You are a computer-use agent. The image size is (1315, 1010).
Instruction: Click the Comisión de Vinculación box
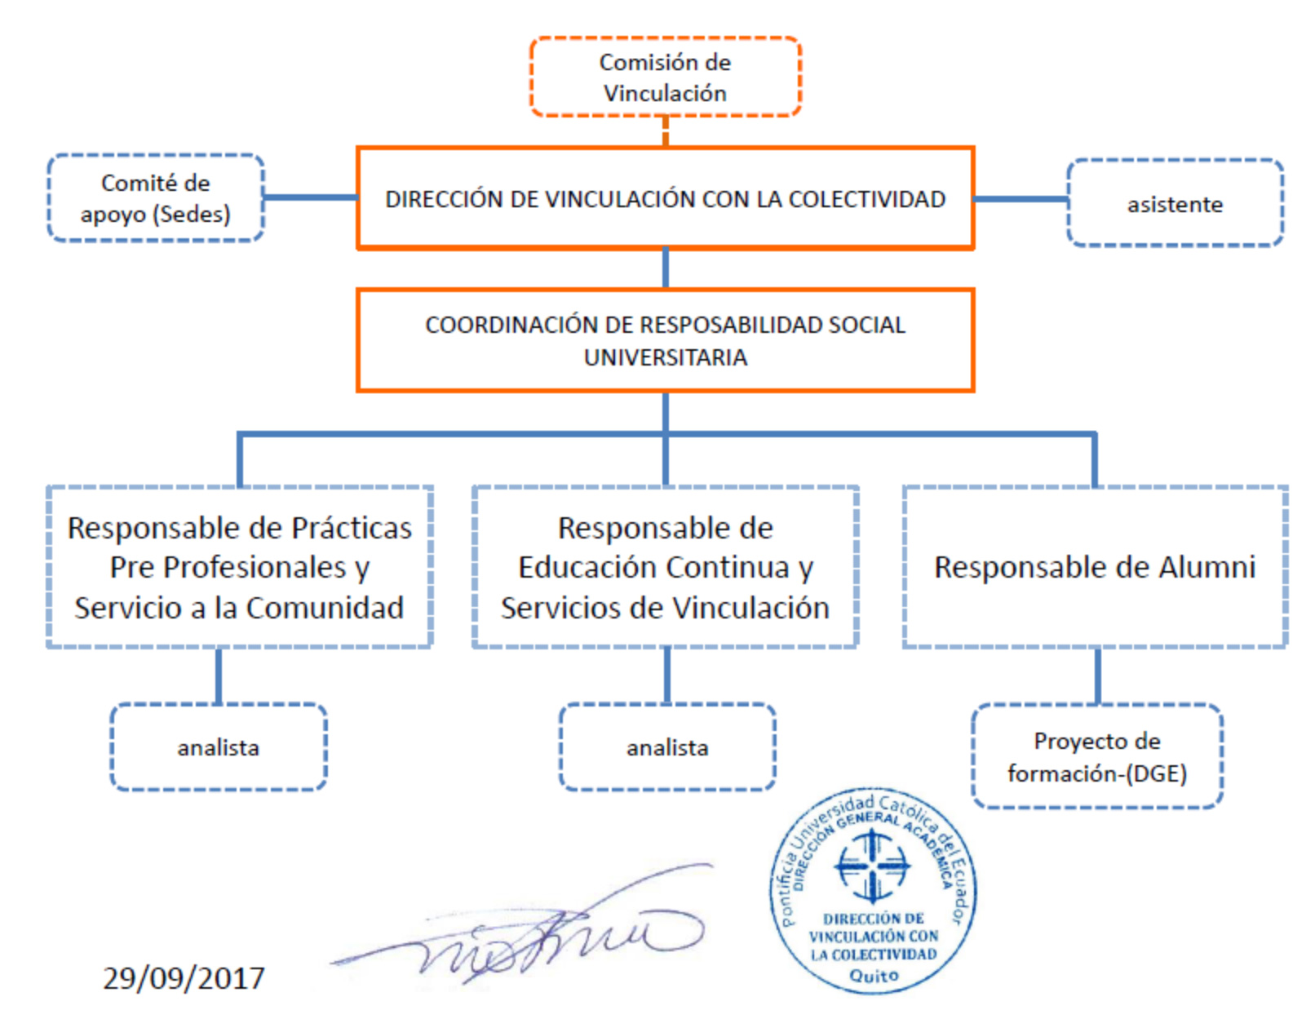(x=665, y=77)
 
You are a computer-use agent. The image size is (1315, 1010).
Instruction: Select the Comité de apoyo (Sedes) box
(x=156, y=198)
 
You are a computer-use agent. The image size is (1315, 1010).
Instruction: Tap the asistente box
(x=1175, y=202)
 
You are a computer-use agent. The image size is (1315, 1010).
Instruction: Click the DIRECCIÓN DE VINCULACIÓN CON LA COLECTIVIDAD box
(x=665, y=198)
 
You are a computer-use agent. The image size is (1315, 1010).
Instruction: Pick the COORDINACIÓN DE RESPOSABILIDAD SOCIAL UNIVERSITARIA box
(x=665, y=340)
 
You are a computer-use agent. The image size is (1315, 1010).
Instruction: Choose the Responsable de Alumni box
(x=1095, y=567)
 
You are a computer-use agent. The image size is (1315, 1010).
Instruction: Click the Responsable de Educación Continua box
(x=665, y=567)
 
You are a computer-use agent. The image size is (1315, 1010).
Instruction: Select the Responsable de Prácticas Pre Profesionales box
(x=240, y=567)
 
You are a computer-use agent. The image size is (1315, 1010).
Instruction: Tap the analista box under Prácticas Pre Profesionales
(x=219, y=747)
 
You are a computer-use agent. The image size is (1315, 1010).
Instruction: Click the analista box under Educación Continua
(x=666, y=747)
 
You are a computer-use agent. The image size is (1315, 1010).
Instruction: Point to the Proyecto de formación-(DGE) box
(x=1097, y=755)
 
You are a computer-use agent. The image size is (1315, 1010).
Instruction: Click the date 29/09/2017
(x=184, y=978)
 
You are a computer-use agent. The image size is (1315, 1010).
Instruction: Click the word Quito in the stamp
(x=874, y=976)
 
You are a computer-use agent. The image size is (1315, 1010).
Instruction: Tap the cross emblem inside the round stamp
(x=871, y=866)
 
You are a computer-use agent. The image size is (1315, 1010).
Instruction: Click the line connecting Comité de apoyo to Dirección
(x=311, y=197)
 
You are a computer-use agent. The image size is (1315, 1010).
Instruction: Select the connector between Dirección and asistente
(x=1021, y=198)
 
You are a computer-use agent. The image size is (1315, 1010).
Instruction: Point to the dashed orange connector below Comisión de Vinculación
(x=665, y=131)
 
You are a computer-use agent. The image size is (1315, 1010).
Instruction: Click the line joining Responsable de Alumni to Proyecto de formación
(x=1097, y=676)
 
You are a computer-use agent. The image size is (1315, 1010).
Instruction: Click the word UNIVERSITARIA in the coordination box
(x=665, y=357)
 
